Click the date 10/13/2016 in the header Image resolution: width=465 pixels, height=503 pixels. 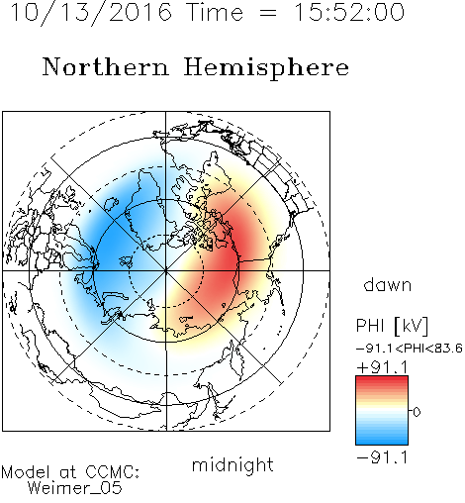[91, 13]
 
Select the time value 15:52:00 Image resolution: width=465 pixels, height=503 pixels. [348, 12]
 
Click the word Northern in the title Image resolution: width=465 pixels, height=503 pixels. [106, 67]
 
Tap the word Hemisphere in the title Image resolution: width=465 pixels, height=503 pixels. [266, 68]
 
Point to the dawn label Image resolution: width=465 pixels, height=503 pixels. [388, 284]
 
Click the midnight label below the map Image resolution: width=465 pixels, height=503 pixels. [232, 465]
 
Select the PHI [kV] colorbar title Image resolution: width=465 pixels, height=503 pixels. [392, 326]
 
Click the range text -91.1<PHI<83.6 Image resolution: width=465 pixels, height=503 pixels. [410, 349]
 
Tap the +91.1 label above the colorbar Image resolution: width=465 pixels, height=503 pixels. [383, 367]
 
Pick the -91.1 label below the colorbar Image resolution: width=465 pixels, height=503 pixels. [383, 457]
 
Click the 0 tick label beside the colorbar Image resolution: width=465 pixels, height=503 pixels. [417, 412]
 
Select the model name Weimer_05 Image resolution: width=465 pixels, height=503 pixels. [74, 488]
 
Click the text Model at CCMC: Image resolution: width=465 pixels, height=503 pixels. [70, 472]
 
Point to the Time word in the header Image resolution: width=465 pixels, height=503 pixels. [215, 12]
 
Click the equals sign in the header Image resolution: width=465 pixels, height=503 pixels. [268, 13]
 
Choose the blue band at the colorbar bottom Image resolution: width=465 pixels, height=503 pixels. [382, 440]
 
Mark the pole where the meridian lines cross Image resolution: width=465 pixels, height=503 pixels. [166, 270]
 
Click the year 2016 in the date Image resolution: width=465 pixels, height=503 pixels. [140, 12]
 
